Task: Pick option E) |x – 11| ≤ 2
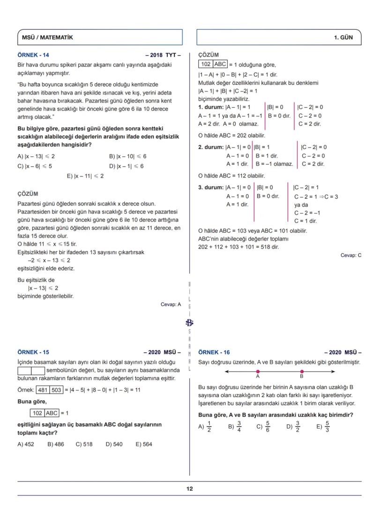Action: (85, 176)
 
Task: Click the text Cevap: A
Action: (171, 304)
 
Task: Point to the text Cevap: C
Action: (351, 255)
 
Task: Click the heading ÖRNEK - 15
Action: (33, 352)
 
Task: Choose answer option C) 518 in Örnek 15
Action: (84, 444)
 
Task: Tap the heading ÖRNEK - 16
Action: (214, 352)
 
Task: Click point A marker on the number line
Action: (258, 371)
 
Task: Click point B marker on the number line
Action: (301, 371)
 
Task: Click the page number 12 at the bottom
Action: (189, 489)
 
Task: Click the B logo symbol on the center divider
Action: (189, 322)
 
